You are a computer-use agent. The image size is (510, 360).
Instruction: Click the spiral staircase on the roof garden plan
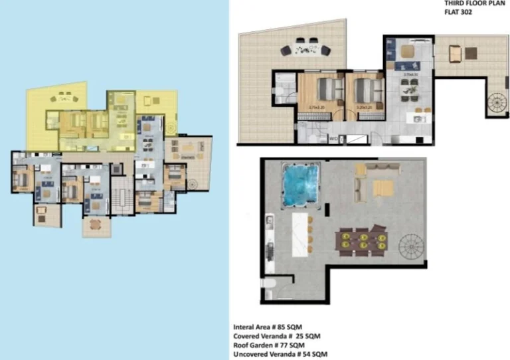coord(412,249)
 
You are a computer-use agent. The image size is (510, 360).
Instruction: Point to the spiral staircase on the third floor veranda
coord(495,104)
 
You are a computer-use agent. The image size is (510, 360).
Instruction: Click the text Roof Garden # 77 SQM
coord(269,345)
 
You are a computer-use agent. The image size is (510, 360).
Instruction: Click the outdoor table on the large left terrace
coord(305,48)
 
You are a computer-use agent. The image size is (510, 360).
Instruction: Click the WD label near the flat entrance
coord(333,139)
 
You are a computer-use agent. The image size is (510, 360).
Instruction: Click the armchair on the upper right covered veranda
coord(455,53)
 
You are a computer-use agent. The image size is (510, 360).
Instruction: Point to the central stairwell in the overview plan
coord(121,197)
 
